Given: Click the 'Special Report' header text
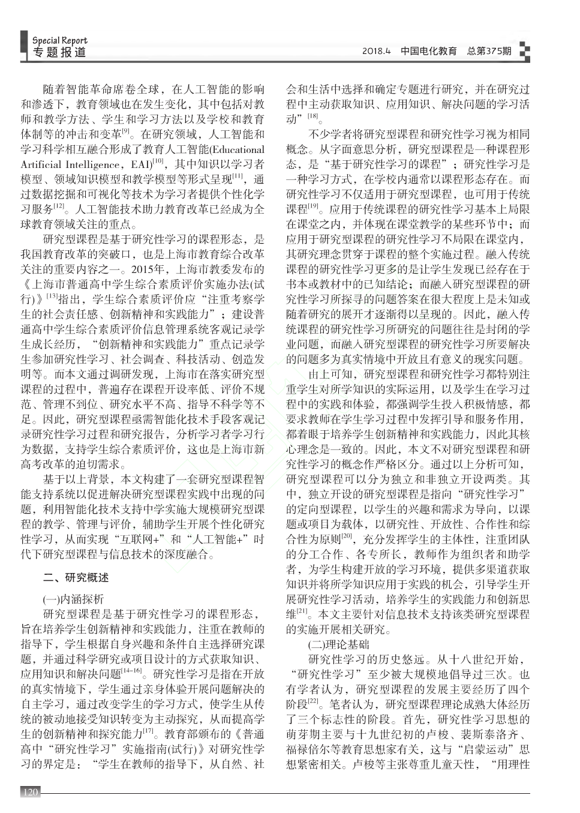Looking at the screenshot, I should [59, 41].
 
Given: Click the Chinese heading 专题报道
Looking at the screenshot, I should [59, 53].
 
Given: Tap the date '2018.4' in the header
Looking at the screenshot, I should [376, 52].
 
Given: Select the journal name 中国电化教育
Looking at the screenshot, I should [428, 52].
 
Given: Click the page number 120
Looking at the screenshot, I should [30, 793].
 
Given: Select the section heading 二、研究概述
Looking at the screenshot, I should [76, 578].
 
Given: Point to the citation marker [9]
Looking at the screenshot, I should [126, 131].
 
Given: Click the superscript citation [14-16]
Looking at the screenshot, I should [131, 670].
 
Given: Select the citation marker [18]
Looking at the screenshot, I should [312, 115].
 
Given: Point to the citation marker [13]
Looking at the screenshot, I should [52, 296].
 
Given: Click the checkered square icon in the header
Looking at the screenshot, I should [524, 52].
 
